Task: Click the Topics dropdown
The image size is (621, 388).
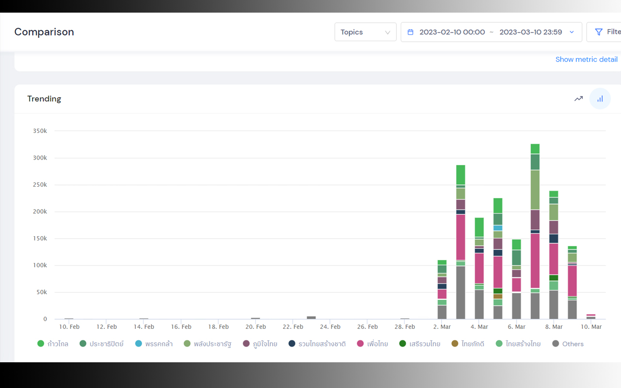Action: (365, 32)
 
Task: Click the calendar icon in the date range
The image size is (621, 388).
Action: (410, 32)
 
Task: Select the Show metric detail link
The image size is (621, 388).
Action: (587, 59)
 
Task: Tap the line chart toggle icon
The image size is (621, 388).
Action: (579, 98)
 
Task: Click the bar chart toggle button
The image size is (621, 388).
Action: (600, 98)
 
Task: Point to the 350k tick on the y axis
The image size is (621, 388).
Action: (40, 131)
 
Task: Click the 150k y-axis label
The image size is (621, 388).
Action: (40, 238)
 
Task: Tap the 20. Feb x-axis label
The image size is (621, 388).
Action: (256, 327)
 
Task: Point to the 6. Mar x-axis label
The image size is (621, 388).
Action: (517, 327)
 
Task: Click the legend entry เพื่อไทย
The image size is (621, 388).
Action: (372, 344)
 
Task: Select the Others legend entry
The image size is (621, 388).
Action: (568, 344)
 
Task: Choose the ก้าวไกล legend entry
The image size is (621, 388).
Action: (53, 344)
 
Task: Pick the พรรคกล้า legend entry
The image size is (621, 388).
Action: (154, 344)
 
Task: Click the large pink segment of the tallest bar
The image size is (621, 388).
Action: (535, 261)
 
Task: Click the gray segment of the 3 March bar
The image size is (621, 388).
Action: (461, 292)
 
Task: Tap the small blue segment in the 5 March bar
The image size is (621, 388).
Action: (498, 228)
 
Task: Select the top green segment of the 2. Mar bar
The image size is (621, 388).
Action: (442, 262)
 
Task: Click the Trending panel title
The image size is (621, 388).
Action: (44, 98)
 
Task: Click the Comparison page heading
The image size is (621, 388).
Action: (44, 32)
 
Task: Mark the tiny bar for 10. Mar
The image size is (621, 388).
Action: (591, 317)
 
